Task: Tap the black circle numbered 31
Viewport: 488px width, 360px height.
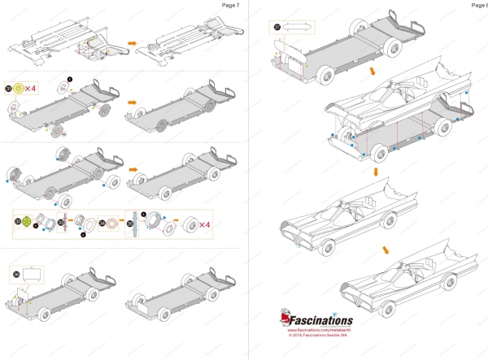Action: coord(8,88)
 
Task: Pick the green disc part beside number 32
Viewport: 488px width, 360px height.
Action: coord(28,222)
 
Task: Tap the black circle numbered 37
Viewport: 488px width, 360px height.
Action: coord(277,27)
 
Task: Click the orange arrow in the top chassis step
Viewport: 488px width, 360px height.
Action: coord(131,42)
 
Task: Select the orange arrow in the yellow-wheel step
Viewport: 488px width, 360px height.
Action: coord(131,103)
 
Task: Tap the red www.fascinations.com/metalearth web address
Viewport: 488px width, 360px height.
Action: coord(318,330)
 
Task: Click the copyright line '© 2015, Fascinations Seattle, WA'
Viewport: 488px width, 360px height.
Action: coord(318,336)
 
